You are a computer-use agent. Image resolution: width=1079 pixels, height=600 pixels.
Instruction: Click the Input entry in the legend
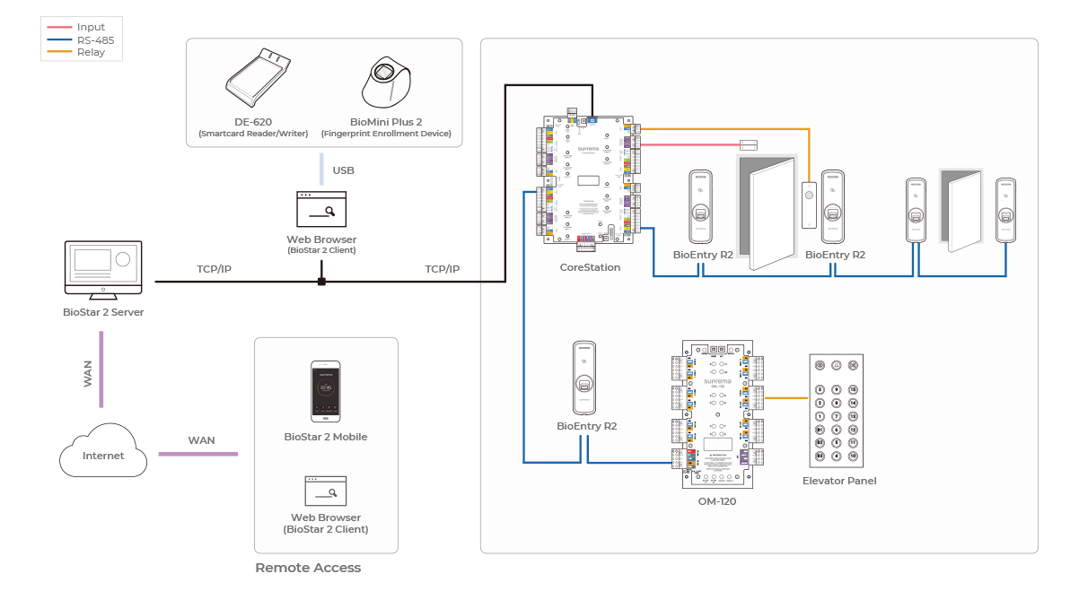[91, 28]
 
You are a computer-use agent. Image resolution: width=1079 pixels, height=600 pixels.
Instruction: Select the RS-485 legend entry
[95, 40]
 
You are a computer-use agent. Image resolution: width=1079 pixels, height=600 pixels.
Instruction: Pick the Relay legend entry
[91, 52]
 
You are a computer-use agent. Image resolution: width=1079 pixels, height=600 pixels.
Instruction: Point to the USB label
[343, 170]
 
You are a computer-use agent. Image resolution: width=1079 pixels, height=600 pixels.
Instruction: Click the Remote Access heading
[308, 568]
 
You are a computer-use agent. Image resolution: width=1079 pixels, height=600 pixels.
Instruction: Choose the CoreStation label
[590, 267]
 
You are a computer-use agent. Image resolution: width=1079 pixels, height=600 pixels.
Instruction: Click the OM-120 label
[716, 501]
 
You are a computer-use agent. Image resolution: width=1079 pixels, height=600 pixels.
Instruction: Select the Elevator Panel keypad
[836, 410]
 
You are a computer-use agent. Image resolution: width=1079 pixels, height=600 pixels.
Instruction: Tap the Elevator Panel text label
[838, 481]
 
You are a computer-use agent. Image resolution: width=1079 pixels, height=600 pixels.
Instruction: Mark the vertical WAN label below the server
[88, 373]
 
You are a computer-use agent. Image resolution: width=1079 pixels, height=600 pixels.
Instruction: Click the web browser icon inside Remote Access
[325, 491]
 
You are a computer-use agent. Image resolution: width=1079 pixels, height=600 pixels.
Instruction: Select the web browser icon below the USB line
[320, 209]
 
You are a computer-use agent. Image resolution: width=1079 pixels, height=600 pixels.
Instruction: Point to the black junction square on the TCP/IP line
[320, 282]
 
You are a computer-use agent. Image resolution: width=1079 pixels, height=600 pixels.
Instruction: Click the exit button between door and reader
[809, 198]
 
